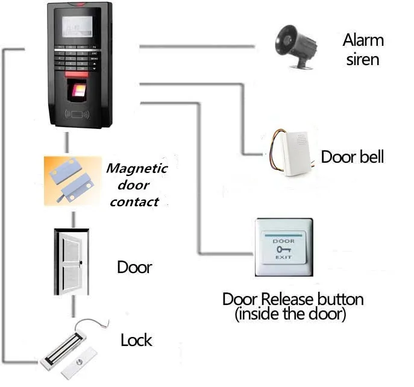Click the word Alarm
pos(363,41)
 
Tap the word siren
pos(363,59)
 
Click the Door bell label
pos(352,157)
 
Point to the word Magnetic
pos(136,169)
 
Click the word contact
pos(134,202)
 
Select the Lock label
pos(136,340)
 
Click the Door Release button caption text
pos(293,299)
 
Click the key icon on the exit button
pos(283,248)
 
